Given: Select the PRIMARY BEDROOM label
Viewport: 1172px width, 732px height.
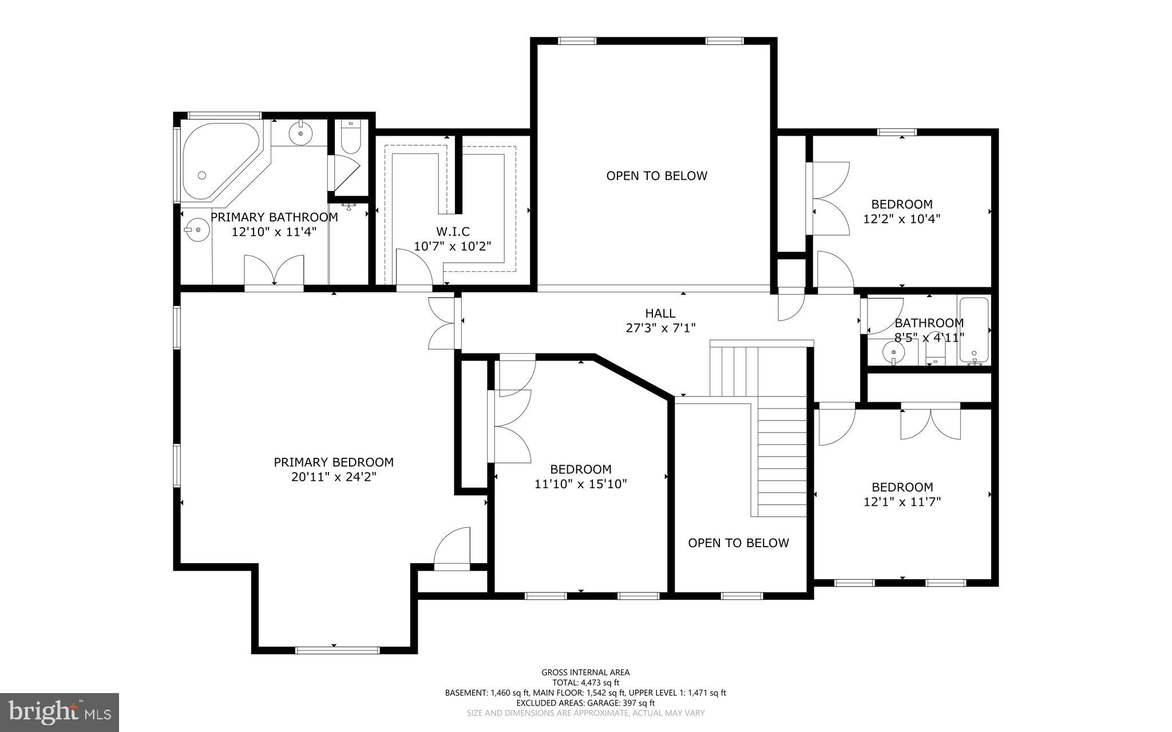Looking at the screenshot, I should coord(334,462).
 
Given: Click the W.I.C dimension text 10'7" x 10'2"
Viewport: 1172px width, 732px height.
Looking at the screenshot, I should coord(453,247).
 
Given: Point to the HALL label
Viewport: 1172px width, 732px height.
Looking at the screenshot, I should coord(660,313).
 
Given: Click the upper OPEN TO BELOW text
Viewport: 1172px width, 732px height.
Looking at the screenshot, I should coord(656,176).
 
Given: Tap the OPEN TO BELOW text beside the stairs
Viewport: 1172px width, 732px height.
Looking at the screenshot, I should coord(738,543).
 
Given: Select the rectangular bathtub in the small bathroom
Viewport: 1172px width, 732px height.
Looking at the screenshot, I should coord(973,330).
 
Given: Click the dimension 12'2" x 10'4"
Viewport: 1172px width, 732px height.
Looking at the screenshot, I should coord(901,219).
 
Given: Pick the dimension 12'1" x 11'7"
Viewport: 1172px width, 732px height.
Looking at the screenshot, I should coord(902,502).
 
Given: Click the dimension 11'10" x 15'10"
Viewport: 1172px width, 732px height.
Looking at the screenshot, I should coord(580,484).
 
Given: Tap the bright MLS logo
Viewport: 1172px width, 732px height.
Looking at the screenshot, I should coord(60,712).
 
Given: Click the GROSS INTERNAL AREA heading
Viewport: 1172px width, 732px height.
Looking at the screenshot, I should coord(585,672).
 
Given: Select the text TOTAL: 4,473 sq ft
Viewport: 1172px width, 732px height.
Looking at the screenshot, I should coord(585,682).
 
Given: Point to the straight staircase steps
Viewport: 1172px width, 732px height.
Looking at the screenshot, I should coord(782,458).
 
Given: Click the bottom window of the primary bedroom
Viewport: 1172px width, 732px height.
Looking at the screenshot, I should coord(337,650).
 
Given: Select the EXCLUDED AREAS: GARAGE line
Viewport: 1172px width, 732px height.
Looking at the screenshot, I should coord(585,703).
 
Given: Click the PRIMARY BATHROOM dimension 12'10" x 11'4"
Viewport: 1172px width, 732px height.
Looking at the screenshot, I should coord(274,232).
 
